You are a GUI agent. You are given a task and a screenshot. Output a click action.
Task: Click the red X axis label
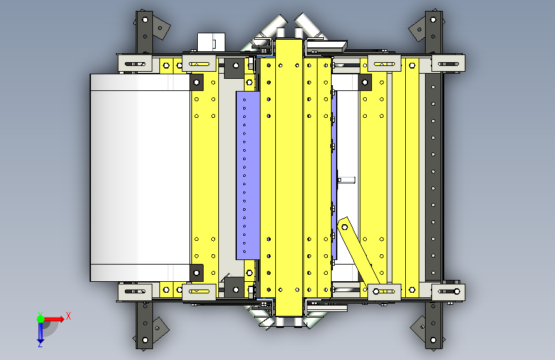pos(68,316)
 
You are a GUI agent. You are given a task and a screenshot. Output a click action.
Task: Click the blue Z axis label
pos(40,344)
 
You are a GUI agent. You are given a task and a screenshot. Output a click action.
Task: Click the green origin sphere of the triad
pos(40,319)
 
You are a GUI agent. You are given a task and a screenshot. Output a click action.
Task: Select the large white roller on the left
pos(140,177)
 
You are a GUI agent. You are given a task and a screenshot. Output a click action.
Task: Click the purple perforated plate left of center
pos(248,176)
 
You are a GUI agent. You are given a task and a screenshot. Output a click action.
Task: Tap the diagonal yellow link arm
pos(358,251)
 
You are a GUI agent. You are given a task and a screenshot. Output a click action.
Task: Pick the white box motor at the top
pos(211,42)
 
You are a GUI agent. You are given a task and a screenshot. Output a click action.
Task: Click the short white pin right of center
pos(346,180)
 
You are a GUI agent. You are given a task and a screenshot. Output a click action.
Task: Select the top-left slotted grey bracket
pos(135,64)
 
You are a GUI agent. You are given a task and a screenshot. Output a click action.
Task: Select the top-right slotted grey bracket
pos(448,64)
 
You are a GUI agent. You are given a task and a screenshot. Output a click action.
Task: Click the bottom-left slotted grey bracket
pos(135,291)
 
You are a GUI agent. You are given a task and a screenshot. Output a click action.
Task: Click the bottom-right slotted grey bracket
pos(448,291)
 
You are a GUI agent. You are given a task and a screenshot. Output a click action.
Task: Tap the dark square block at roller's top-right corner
pos(197,82)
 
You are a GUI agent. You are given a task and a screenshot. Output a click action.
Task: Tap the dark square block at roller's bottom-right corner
pos(197,272)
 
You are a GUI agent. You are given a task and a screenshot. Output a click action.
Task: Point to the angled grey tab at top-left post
pos(161,28)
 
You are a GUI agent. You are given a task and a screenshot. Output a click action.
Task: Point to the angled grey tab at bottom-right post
pos(419,328)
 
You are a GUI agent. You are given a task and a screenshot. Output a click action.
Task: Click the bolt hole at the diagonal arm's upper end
pos(344,227)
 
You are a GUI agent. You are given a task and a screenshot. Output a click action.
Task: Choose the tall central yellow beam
pos(289,177)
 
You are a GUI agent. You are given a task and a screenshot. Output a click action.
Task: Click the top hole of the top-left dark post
pos(145,19)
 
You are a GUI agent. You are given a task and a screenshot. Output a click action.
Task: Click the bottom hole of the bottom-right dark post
pos(433,340)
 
